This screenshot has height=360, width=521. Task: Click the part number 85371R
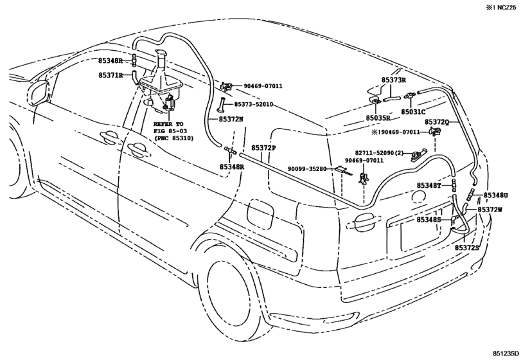[x=110, y=75]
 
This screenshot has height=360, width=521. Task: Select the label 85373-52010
[x=253, y=104]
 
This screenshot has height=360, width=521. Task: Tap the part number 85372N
[x=230, y=119]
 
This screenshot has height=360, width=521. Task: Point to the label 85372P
[x=263, y=148]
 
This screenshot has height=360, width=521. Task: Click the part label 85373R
[x=394, y=80]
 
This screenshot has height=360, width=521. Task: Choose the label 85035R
[x=378, y=118]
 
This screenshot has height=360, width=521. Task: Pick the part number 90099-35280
[x=309, y=168]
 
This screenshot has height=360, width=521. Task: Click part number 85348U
[x=495, y=195]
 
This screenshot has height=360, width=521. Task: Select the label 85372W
[x=490, y=210]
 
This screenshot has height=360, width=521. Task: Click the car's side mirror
[x=40, y=92]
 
